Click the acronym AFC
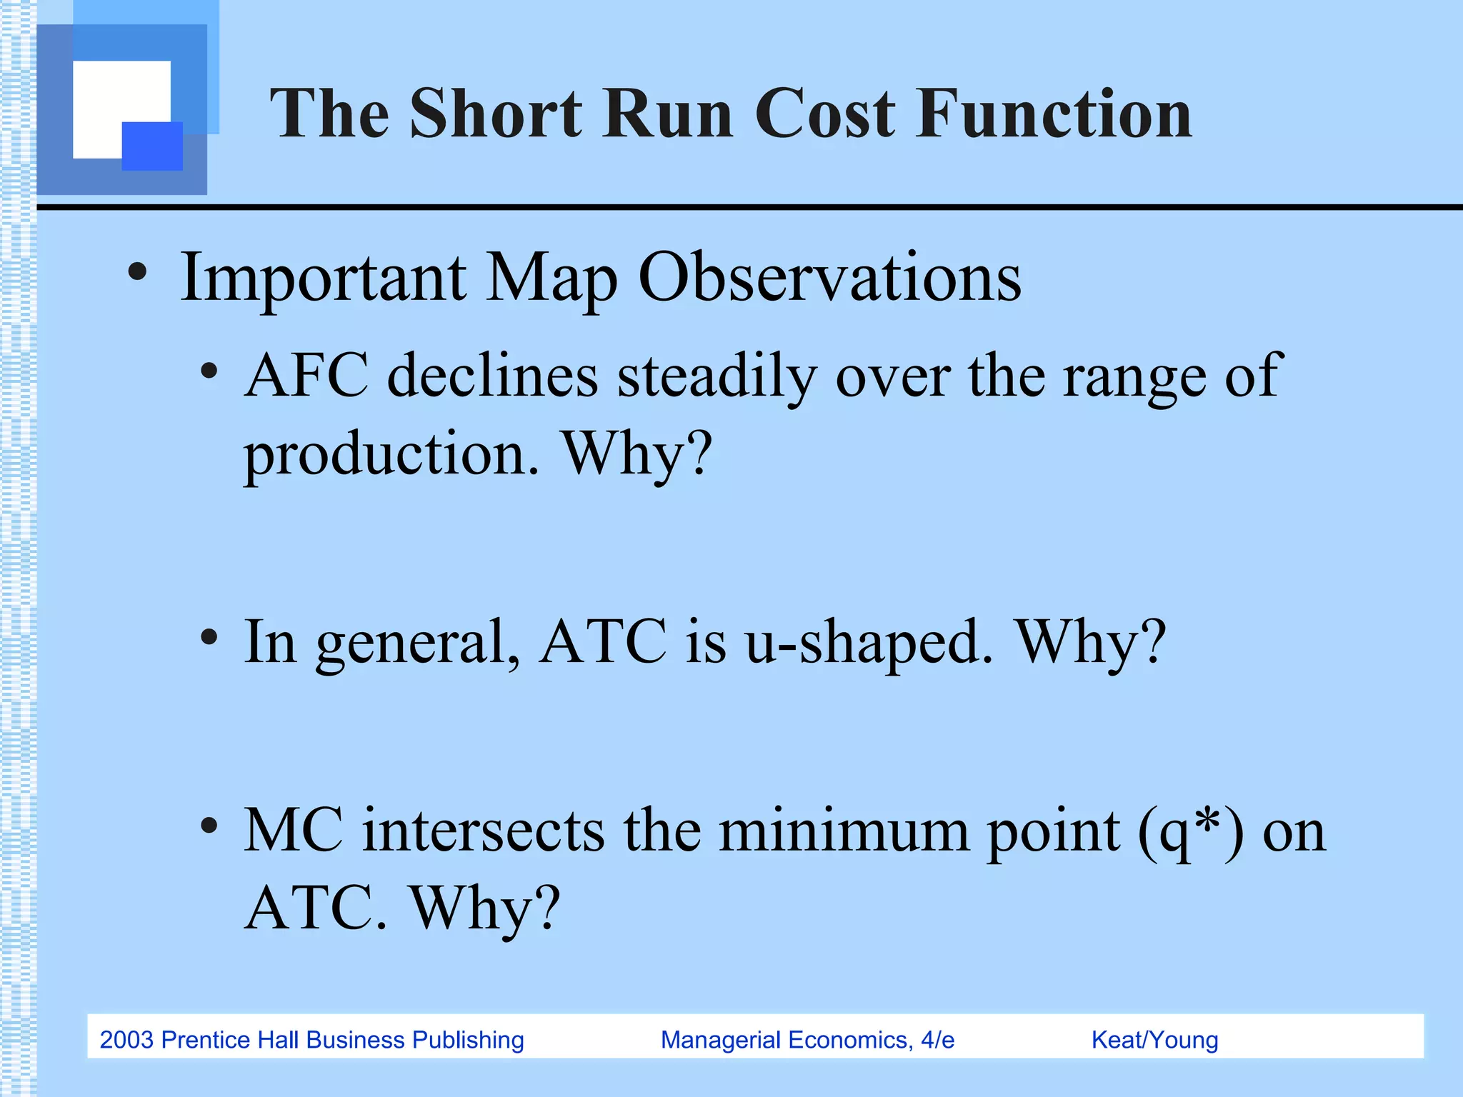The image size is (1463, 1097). pos(306,376)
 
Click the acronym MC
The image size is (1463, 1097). pos(294,830)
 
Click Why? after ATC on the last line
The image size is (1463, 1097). pos(486,908)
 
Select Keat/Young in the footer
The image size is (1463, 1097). pos(1154,1040)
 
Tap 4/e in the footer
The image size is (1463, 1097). pos(937,1040)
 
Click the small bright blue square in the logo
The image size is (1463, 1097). pos(152,146)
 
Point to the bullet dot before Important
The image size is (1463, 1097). pos(137,272)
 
